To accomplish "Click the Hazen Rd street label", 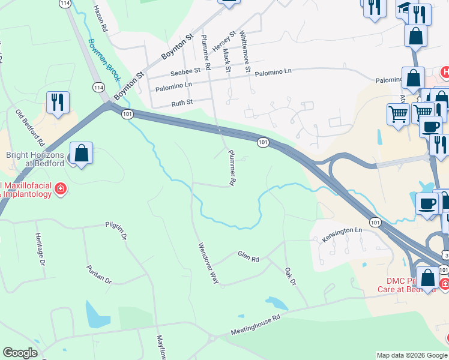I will pyautogui.click(x=100, y=19).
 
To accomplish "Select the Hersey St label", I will pyautogui.click(x=222, y=44).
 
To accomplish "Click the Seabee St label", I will pyautogui.click(x=184, y=73).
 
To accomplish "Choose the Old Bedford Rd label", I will pyautogui.click(x=31, y=128).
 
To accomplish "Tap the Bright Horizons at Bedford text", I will pyautogui.click(x=35, y=158).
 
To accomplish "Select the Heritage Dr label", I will pyautogui.click(x=40, y=250).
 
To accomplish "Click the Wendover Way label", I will pyautogui.click(x=208, y=262).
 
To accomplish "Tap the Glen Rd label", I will pyautogui.click(x=248, y=257).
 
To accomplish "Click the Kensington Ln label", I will pyautogui.click(x=342, y=230).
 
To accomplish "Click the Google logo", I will pyautogui.click(x=20, y=353).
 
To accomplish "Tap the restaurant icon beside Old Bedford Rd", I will pyautogui.click(x=58, y=102).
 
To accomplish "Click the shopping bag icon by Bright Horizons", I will pyautogui.click(x=82, y=154).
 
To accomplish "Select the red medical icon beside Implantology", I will pyautogui.click(x=60, y=190).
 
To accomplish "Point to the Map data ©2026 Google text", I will pyautogui.click(x=412, y=355).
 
